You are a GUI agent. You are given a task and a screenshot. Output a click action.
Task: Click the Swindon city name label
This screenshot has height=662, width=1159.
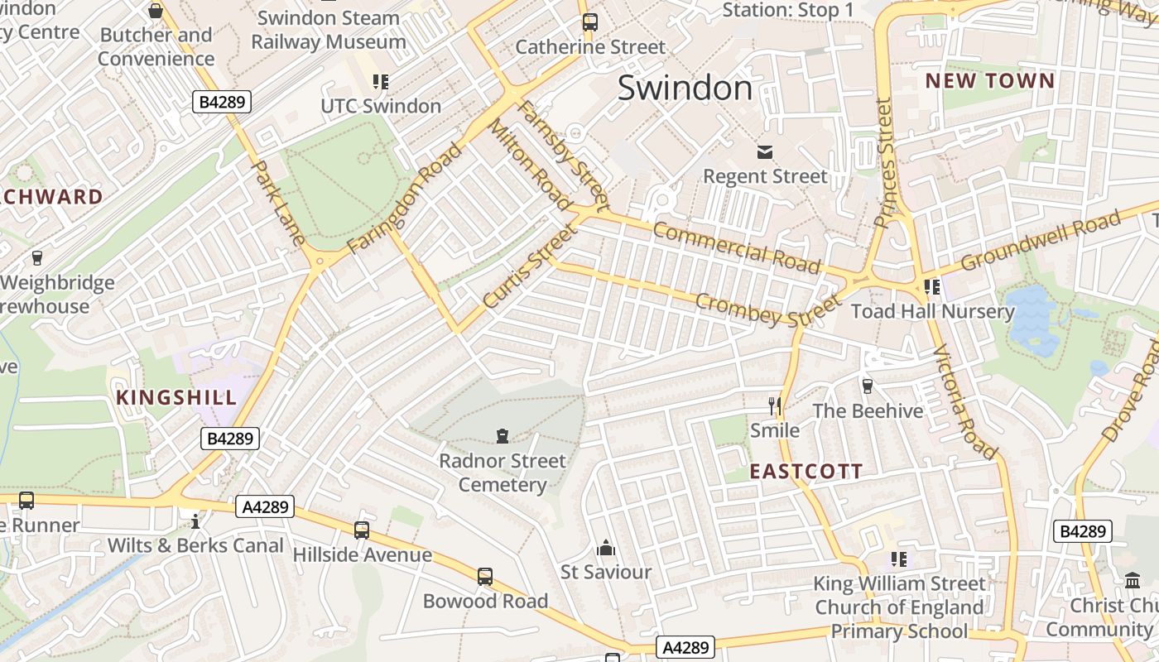685,88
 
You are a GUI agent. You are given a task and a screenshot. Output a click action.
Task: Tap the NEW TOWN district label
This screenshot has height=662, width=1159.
989,81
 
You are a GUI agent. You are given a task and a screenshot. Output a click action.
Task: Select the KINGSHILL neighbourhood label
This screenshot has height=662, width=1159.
176,397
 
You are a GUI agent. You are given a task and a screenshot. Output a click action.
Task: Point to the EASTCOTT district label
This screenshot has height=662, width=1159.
806,472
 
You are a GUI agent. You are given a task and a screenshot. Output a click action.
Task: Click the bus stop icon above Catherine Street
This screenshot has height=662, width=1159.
589,22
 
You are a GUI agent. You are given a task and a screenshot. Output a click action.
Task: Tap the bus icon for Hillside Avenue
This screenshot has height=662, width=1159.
362,530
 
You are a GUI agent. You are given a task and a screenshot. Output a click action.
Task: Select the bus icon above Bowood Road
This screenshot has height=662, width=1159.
485,576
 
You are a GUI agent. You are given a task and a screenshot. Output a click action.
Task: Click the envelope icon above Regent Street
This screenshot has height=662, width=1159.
764,152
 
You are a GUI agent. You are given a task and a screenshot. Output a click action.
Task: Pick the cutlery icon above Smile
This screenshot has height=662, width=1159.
775,405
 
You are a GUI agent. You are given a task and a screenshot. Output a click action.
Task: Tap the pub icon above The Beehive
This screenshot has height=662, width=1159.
868,386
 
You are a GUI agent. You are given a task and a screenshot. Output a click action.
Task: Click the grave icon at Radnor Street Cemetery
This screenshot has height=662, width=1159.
502,435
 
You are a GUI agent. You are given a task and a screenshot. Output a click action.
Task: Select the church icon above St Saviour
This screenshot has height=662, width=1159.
606,548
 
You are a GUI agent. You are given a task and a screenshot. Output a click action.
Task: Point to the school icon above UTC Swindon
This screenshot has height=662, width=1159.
381,81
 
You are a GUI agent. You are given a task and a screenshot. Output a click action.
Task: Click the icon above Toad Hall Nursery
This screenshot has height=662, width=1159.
932,286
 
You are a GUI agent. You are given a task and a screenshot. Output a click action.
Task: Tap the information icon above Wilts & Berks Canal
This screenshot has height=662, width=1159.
195,520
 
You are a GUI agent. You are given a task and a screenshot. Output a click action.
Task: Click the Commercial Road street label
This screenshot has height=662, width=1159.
736,247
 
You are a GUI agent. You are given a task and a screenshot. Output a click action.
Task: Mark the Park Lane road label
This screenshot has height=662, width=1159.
279,203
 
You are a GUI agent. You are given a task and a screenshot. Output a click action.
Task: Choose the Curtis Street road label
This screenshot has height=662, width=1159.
528,266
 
